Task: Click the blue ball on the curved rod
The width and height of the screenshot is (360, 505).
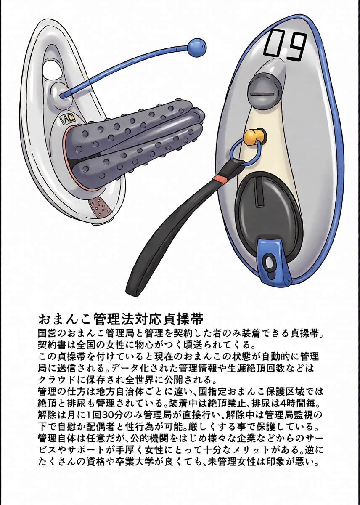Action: pyautogui.click(x=197, y=47)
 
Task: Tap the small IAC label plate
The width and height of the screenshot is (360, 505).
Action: pyautogui.click(x=69, y=119)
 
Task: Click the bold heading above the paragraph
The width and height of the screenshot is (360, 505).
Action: pyautogui.click(x=122, y=319)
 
